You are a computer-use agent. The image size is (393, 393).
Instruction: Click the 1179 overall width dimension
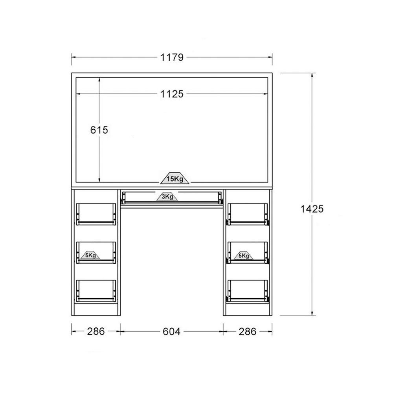(172, 57)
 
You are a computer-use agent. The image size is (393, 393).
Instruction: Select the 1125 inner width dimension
(172, 94)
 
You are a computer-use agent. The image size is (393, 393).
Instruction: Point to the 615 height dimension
(99, 130)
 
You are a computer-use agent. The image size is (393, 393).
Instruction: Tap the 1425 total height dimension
(312, 209)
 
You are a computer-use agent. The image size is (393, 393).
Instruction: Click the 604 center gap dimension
(171, 332)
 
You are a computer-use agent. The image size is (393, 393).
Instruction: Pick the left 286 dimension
(96, 332)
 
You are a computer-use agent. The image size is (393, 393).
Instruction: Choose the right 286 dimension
(247, 332)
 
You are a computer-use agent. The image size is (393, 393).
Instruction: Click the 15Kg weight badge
(175, 178)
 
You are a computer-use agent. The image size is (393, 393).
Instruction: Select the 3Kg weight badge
(167, 196)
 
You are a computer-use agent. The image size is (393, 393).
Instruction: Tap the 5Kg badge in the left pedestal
(90, 255)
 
